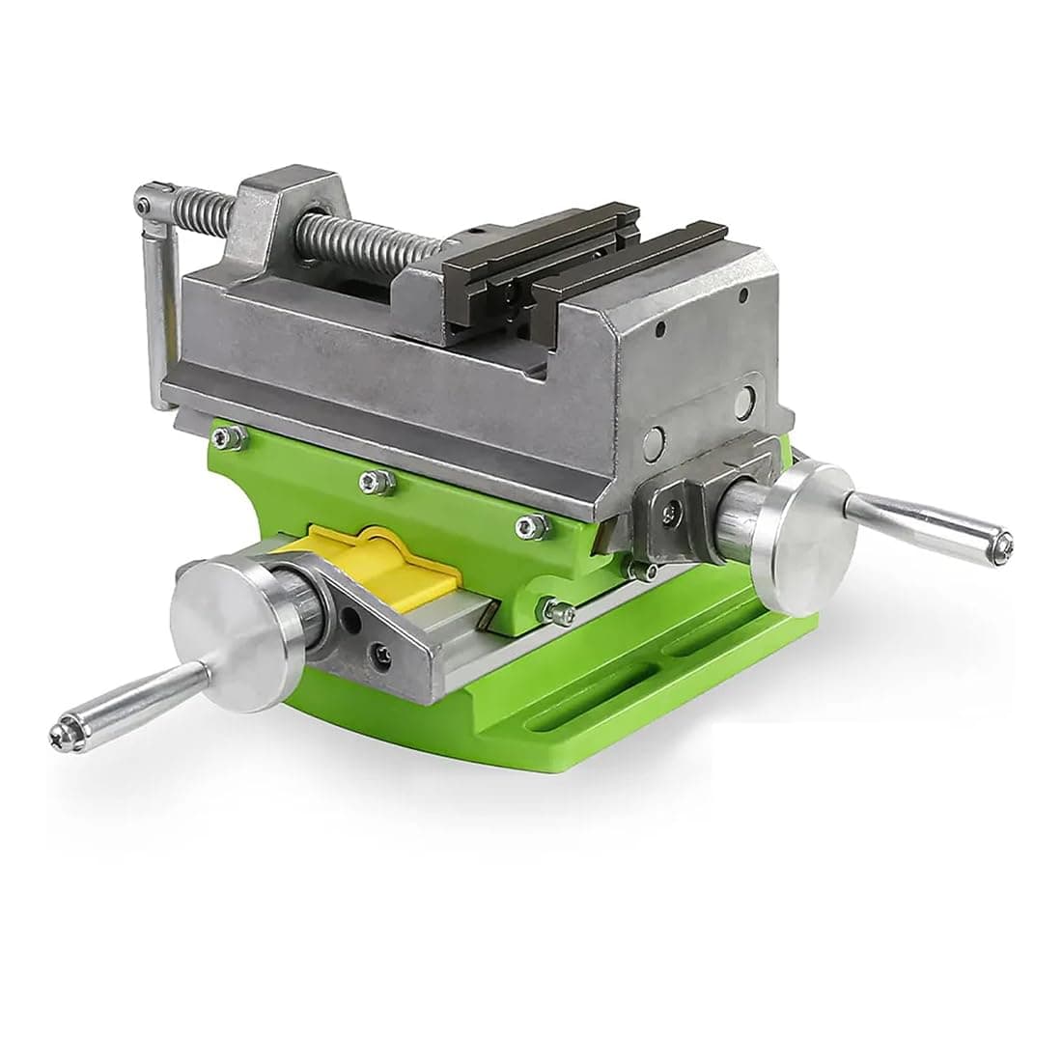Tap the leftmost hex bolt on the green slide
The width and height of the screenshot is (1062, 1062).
(228, 438)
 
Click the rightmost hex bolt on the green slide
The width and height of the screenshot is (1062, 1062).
(525, 524)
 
